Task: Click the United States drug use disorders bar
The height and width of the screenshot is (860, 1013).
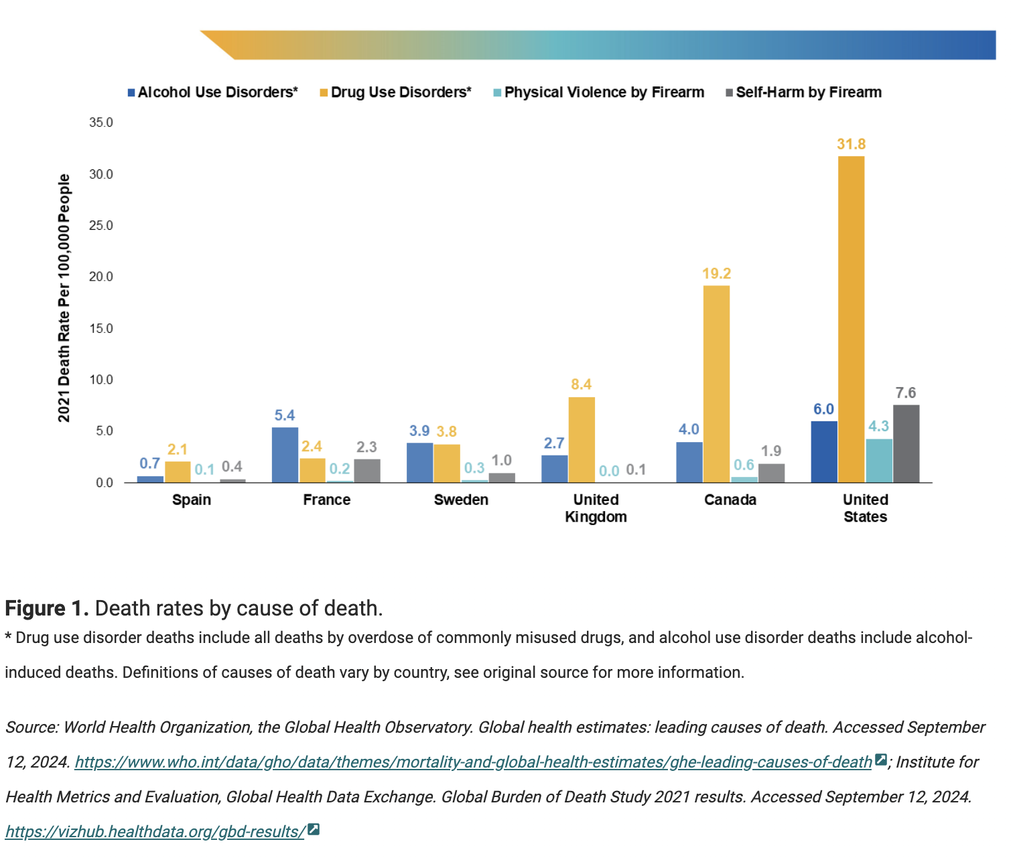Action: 851,319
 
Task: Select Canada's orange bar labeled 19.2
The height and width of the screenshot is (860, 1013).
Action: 716,384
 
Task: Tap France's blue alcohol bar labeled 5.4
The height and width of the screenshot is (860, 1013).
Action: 285,455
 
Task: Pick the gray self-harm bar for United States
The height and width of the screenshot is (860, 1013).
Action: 906,443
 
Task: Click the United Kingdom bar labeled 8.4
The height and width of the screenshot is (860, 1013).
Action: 582,439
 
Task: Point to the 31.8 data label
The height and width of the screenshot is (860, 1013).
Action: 852,144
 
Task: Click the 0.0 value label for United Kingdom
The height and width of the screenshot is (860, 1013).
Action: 609,471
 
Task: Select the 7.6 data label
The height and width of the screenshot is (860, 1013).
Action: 906,392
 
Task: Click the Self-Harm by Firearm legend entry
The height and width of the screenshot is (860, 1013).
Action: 803,92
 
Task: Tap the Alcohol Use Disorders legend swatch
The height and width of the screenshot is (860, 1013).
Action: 131,92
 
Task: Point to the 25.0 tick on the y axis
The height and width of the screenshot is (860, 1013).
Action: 101,226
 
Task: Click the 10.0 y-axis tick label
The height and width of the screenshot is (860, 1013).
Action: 101,379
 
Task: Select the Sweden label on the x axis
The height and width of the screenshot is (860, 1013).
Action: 461,500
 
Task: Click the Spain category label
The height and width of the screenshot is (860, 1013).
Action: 192,500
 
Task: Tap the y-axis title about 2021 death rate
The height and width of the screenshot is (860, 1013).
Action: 64,298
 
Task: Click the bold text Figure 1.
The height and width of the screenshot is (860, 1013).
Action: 47,608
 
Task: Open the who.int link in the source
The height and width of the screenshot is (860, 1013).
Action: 474,762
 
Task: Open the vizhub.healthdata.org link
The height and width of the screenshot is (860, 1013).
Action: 155,832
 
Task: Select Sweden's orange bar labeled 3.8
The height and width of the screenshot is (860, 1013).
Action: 446,463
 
